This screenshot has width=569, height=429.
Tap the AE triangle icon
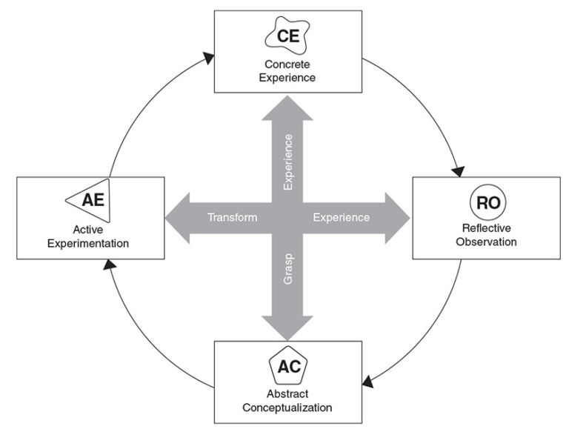pyautogui.click(x=87, y=199)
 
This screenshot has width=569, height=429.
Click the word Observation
pyautogui.click(x=486, y=242)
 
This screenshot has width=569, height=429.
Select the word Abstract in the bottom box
pyautogui.click(x=288, y=393)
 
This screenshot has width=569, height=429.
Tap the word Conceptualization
pyautogui.click(x=288, y=407)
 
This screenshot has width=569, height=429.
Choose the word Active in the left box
pyautogui.click(x=88, y=229)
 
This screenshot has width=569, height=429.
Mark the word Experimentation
pyautogui.click(x=88, y=242)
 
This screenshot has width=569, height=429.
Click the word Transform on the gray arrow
pyautogui.click(x=232, y=218)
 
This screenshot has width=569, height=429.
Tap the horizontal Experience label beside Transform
pyautogui.click(x=341, y=218)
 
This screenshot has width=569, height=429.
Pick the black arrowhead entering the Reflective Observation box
pyautogui.click(x=458, y=171)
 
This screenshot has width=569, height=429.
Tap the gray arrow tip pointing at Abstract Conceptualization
pyautogui.click(x=287, y=335)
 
